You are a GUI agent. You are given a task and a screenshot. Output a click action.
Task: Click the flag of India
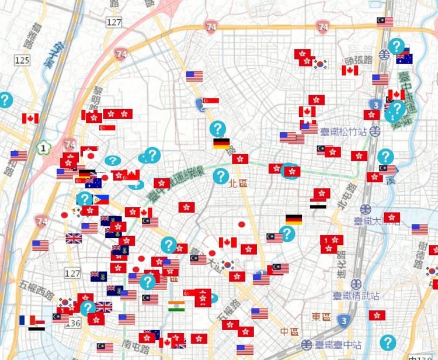coord(177,306)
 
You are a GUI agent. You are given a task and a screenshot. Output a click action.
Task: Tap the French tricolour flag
coord(26,320)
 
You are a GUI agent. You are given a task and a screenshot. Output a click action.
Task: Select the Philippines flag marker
coord(100,199)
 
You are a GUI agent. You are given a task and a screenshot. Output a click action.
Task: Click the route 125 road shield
coord(22,60)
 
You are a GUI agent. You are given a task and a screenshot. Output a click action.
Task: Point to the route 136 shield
coord(74,323)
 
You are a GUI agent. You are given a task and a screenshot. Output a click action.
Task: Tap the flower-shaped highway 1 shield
coord(43,148)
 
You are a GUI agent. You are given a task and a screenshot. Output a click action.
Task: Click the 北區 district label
coord(238,183)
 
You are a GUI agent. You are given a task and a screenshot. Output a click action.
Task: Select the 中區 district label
coord(288,331)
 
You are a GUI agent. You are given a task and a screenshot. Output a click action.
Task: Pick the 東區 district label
coord(321,317)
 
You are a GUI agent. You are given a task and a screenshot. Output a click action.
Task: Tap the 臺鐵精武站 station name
coord(349,296)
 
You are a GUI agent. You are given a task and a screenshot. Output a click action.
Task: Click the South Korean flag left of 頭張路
coord(320,64)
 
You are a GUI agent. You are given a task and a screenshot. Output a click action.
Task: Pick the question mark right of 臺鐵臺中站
coord(388,342)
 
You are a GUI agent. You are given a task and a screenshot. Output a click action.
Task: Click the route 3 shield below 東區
coord(345,320)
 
